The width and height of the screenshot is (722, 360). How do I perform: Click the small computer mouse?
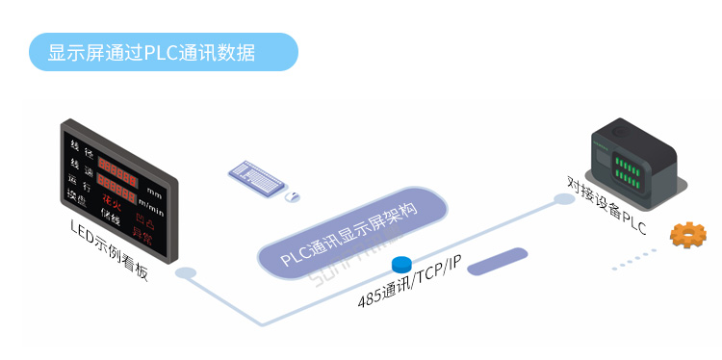[x=292, y=196]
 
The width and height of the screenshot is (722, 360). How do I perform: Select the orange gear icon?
[x=688, y=234]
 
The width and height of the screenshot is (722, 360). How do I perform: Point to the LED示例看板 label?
[x=110, y=249]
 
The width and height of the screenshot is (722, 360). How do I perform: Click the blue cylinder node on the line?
[x=401, y=263]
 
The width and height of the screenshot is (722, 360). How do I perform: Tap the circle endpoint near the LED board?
[x=185, y=273]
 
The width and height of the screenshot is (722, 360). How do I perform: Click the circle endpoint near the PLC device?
[x=563, y=199]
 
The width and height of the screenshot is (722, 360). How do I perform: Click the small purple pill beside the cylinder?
[x=497, y=261]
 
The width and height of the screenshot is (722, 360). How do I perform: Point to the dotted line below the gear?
[x=634, y=258]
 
